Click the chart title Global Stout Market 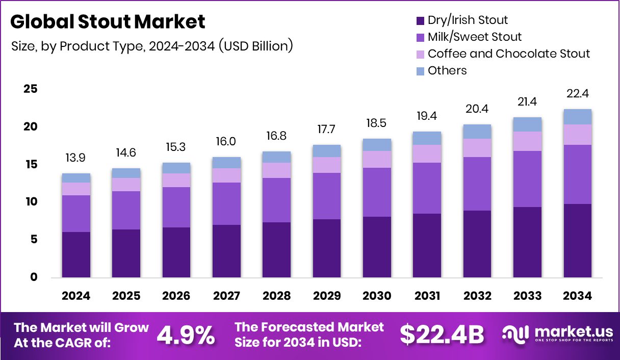point(108,22)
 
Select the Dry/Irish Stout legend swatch point(420,21)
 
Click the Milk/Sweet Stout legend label point(475,37)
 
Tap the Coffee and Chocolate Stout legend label point(508,54)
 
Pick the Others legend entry point(447,70)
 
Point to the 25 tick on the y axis point(31,89)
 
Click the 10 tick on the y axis point(31,202)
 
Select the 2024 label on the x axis point(76,296)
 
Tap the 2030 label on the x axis point(377,296)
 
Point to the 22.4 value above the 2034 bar point(577,94)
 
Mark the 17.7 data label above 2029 point(327,129)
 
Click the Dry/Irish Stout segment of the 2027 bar point(226,251)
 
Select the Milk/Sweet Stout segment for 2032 point(477,184)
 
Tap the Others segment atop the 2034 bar point(577,117)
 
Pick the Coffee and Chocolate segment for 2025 point(126,185)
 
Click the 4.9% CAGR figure point(186,335)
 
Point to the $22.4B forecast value point(441,335)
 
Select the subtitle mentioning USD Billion point(152,46)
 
